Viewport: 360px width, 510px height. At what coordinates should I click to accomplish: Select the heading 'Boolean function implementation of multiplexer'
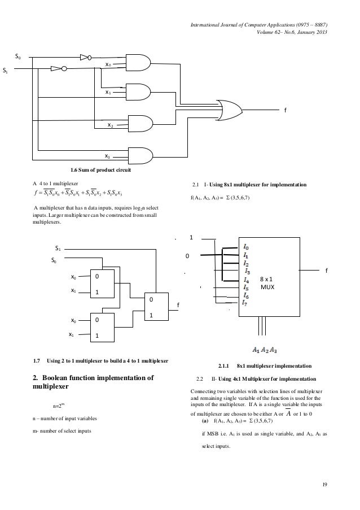point(93,383)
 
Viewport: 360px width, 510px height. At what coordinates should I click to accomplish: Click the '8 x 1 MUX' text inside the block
point(268,283)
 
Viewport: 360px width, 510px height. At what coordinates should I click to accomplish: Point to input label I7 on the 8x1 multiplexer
point(244,303)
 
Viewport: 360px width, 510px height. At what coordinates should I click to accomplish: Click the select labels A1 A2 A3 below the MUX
point(264,348)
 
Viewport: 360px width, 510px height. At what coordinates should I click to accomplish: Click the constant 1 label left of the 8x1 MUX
point(191,238)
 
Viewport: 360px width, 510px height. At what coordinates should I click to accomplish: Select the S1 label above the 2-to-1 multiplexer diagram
point(58,248)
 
